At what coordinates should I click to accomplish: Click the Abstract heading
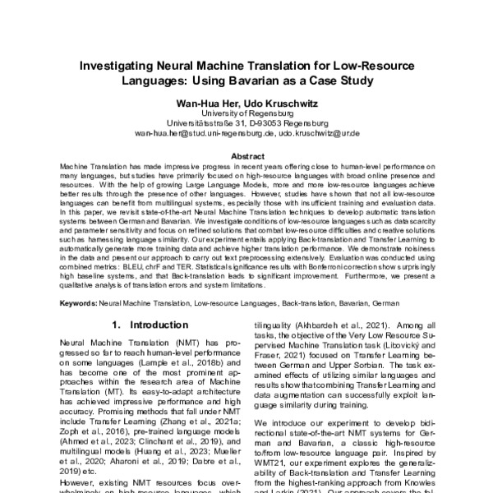pos(246,156)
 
